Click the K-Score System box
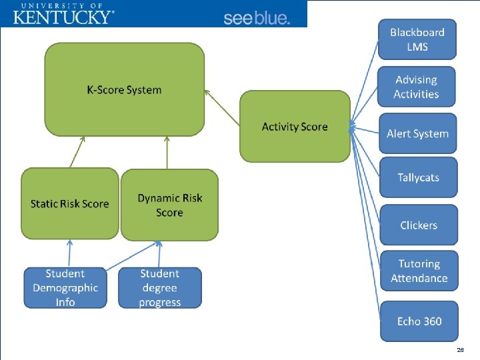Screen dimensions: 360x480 (x=124, y=89)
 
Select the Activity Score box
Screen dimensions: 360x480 (x=295, y=127)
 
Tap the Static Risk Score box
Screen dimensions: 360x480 (x=69, y=204)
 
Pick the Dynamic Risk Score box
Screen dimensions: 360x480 (x=169, y=205)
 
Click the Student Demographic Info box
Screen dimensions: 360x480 (x=65, y=288)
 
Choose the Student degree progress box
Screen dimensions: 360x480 (x=160, y=288)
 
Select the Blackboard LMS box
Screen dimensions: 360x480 (x=417, y=39)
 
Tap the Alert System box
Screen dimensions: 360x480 (x=417, y=133)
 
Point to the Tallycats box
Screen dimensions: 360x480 (x=418, y=177)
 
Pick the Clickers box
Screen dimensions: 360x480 (x=419, y=225)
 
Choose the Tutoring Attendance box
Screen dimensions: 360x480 (x=419, y=271)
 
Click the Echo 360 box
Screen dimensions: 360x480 (x=419, y=321)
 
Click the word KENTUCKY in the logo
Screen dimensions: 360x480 (x=63, y=17)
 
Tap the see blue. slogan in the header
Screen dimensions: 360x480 (x=257, y=18)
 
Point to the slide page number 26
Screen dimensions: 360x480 (x=460, y=349)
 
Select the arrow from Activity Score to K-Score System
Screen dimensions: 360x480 (x=223, y=108)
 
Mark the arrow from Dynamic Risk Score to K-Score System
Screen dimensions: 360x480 (x=167, y=153)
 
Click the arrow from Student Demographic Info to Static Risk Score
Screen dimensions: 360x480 (x=69, y=254)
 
